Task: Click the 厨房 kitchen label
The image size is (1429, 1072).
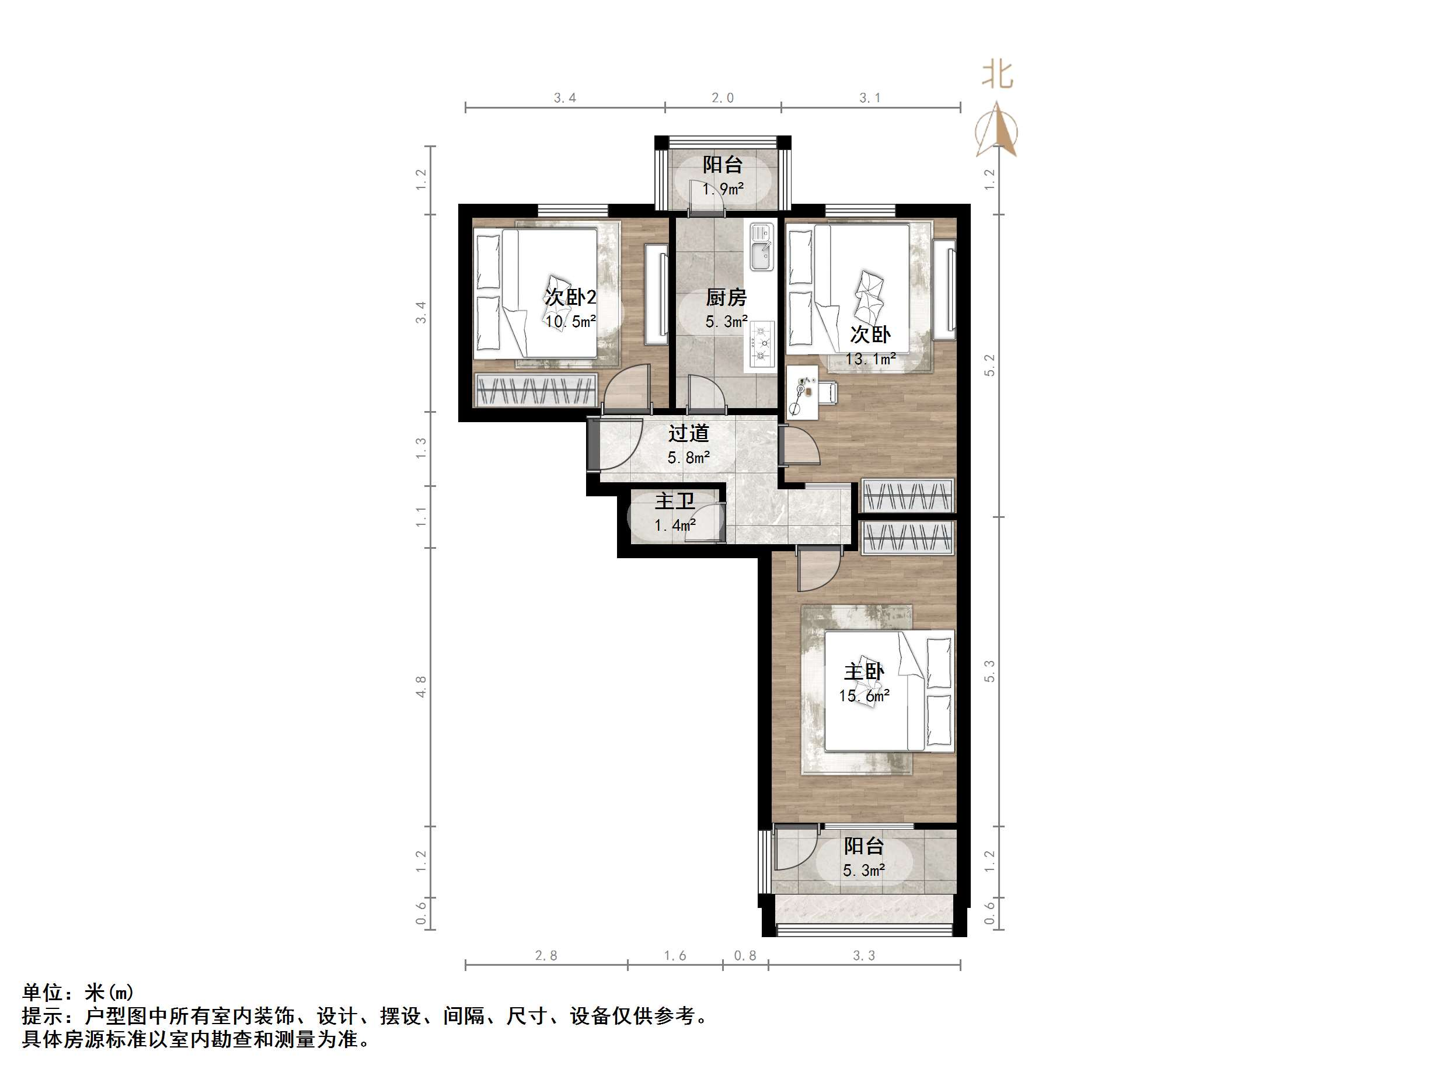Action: pyautogui.click(x=726, y=297)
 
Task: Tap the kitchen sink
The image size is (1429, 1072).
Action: pyautogui.click(x=762, y=247)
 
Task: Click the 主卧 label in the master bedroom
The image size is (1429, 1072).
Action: pyautogui.click(x=864, y=671)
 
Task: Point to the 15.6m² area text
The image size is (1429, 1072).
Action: pyautogui.click(x=864, y=696)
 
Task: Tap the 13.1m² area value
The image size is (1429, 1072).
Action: pyautogui.click(x=870, y=359)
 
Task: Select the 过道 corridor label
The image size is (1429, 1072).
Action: pyautogui.click(x=689, y=433)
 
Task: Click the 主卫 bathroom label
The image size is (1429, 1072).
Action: pyautogui.click(x=674, y=501)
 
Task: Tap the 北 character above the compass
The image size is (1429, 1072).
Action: pyautogui.click(x=997, y=75)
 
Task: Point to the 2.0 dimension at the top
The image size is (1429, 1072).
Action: pyautogui.click(x=722, y=98)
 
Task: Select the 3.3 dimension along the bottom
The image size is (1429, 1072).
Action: pyautogui.click(x=864, y=956)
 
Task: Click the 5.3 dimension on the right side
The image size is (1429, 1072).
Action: pyautogui.click(x=989, y=671)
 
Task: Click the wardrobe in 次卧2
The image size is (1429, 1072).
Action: pyautogui.click(x=535, y=389)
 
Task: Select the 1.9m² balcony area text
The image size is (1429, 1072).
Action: pyautogui.click(x=723, y=189)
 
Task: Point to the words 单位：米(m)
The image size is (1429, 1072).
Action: pyautogui.click(x=78, y=992)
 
